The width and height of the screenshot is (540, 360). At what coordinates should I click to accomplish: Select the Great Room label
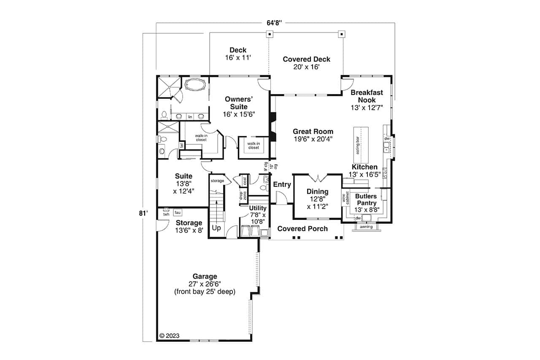[313, 132]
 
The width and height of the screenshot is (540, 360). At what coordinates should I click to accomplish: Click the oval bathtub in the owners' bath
[195, 85]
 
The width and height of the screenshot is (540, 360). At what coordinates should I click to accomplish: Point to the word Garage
[205, 276]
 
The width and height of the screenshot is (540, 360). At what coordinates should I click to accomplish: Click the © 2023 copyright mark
[170, 336]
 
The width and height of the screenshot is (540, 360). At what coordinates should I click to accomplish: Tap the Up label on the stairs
[216, 228]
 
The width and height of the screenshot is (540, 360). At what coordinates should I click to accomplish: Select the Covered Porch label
[302, 229]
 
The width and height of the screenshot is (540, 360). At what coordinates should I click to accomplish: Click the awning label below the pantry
[366, 227]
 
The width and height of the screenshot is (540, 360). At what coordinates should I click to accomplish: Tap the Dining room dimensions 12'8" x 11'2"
[317, 203]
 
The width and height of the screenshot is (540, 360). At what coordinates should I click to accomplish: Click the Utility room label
[257, 208]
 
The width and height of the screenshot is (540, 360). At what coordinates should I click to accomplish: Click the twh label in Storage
[166, 214]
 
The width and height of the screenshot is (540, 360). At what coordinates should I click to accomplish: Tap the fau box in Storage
[178, 212]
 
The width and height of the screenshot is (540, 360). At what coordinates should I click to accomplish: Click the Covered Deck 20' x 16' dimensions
[306, 67]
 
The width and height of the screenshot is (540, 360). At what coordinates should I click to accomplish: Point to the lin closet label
[190, 116]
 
